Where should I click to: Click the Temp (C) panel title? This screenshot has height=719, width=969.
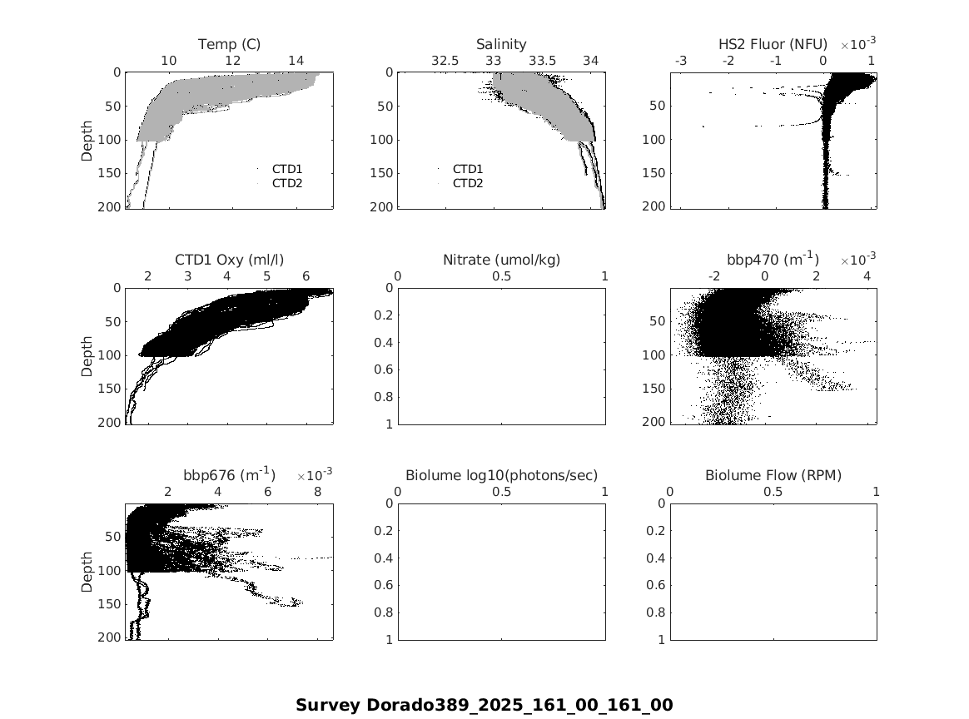point(229,43)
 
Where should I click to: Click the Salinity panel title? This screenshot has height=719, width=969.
point(501,43)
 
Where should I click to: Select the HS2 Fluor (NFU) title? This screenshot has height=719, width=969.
point(773,43)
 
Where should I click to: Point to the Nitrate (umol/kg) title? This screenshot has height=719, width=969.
point(501,260)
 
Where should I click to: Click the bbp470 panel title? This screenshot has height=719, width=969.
point(773,260)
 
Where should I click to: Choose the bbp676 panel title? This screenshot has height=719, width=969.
point(229,475)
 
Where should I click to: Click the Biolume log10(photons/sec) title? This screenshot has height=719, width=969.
point(501,475)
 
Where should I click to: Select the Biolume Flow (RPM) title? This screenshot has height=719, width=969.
point(773,475)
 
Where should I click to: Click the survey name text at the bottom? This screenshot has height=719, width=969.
point(484,705)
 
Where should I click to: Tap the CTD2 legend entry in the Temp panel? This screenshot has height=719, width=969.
point(287,183)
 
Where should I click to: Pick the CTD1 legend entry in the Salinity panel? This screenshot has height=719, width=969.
point(468,169)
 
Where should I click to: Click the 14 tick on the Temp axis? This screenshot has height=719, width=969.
point(296,61)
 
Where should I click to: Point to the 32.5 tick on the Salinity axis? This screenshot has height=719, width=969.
point(445,61)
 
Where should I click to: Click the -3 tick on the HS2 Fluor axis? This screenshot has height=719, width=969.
point(681,61)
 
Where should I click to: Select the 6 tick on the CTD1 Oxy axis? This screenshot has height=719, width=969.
point(306,276)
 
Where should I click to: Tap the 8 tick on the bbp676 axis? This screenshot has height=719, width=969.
point(317,492)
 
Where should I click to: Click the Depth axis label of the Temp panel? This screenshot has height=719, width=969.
point(87,141)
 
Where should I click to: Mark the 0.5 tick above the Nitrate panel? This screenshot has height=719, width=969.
point(501,276)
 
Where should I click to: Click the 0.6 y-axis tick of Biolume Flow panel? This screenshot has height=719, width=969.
point(657,585)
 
